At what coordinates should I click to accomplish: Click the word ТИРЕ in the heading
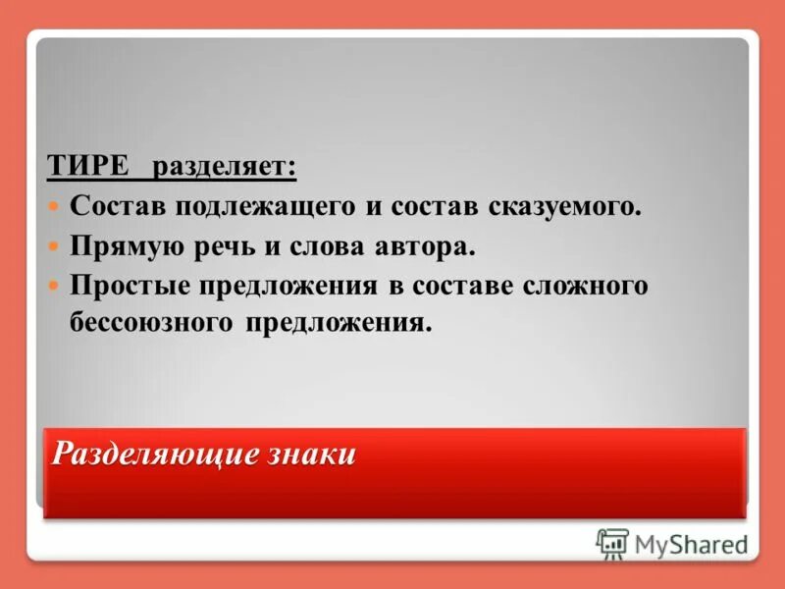point(87,166)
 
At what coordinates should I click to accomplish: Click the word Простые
point(127,286)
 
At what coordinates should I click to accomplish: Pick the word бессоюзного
point(147,322)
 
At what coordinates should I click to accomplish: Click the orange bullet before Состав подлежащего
point(55,208)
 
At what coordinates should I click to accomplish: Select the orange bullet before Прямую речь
point(55,246)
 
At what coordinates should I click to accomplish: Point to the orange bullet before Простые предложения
point(55,286)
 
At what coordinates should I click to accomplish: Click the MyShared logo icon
point(612,544)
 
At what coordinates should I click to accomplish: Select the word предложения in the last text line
point(333,322)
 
